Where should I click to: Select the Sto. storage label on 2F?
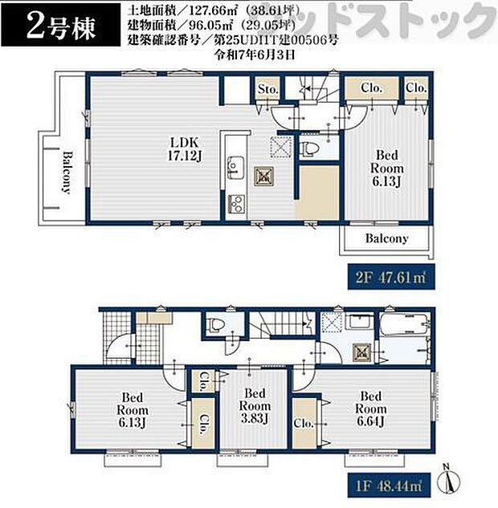click(x=267, y=90)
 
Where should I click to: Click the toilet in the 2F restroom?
click(x=308, y=149)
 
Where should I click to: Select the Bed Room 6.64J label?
click(x=370, y=409)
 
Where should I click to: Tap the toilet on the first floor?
click(x=214, y=325)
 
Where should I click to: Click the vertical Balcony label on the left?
click(x=68, y=173)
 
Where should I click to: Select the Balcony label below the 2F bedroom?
click(x=386, y=238)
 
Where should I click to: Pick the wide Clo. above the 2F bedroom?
click(x=370, y=89)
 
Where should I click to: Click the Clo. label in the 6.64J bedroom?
click(x=303, y=422)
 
